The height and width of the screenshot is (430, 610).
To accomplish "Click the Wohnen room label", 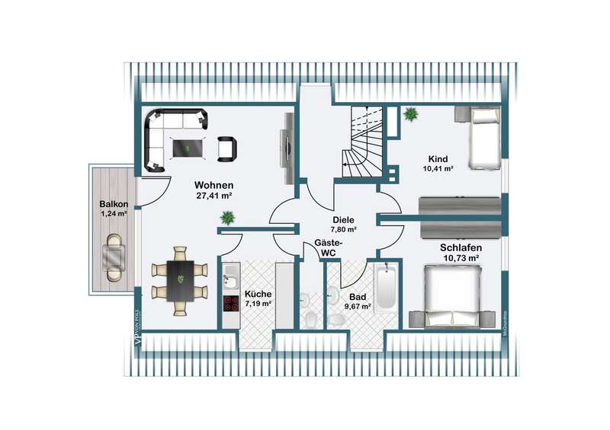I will (213, 185).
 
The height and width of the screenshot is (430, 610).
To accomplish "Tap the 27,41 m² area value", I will (213, 196).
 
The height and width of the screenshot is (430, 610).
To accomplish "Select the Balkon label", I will (113, 204).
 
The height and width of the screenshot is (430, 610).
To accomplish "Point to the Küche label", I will (258, 294).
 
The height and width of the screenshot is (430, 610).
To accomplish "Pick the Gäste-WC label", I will (329, 247).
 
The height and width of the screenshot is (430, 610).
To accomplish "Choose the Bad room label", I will (358, 297).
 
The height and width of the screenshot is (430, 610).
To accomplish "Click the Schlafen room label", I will (460, 247).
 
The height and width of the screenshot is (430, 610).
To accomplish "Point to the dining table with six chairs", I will (181, 279).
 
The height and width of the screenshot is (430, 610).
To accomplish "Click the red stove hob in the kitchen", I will (231, 303).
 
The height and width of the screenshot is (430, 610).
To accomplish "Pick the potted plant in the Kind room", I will (410, 116).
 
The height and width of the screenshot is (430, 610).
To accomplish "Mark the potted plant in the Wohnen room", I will (226, 218).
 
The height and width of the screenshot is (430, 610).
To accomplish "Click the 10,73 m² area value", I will (460, 259).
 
